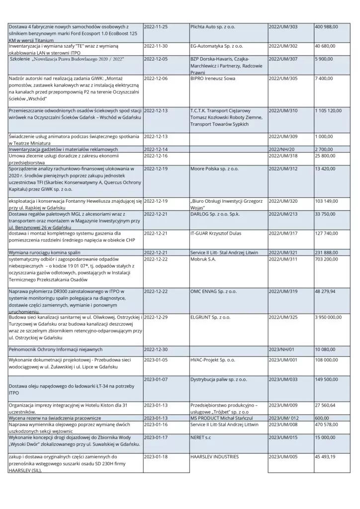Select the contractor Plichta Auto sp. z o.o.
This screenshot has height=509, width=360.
click(x=213, y=26)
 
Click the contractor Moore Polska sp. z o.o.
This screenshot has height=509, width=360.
click(x=214, y=169)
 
